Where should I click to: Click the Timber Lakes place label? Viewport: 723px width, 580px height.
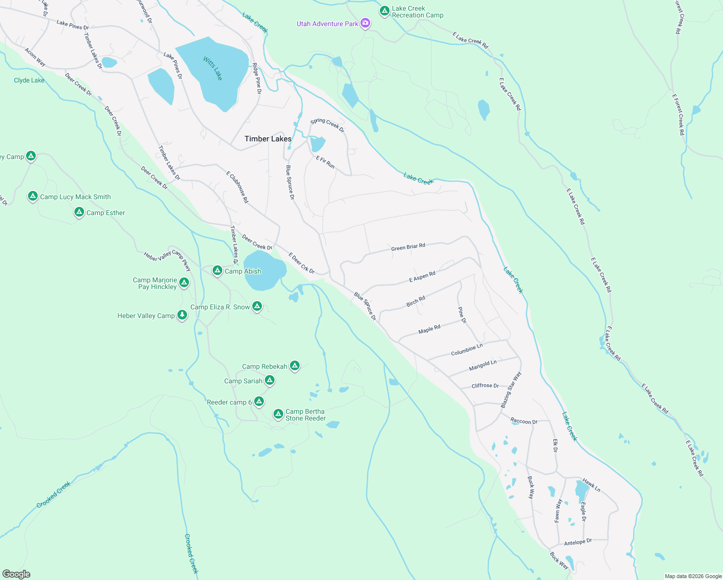[268, 139]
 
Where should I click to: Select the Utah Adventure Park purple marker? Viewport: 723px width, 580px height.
[366, 23]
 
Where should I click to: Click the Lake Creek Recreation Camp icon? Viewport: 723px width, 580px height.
[384, 11]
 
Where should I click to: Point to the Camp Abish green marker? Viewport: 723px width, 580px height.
[217, 270]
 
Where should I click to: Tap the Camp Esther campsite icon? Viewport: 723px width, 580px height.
[79, 212]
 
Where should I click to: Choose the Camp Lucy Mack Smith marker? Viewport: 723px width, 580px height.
[32, 196]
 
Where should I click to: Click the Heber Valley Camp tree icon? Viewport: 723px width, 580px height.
[182, 315]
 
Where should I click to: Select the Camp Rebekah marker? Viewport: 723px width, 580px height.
[294, 365]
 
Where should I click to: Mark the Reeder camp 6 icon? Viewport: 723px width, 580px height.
[259, 401]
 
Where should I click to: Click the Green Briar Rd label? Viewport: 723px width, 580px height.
[408, 247]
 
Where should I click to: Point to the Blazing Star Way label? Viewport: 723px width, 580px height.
[511, 390]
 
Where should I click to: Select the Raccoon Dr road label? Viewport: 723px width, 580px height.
[524, 421]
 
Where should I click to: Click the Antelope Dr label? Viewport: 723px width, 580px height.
[578, 542]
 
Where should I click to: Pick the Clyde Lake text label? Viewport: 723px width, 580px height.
[29, 80]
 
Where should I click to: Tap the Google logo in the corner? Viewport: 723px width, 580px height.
[16, 574]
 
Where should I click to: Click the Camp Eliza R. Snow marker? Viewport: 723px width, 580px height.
[257, 306]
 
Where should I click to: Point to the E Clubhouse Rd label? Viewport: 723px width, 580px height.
[237, 187]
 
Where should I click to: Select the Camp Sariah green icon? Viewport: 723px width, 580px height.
[270, 380]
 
